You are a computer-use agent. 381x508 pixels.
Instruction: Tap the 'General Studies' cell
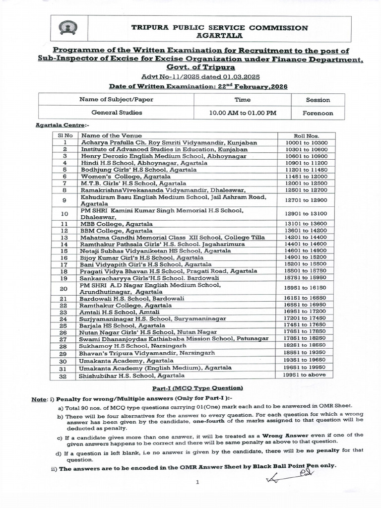point(117,113)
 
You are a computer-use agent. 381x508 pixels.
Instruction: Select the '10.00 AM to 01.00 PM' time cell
point(243,113)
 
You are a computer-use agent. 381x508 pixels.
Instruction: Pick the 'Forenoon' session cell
point(317,113)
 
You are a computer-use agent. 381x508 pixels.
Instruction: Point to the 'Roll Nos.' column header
point(306,135)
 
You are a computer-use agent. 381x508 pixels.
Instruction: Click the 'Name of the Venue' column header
point(112,135)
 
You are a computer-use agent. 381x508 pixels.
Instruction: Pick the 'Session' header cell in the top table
point(317,99)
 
